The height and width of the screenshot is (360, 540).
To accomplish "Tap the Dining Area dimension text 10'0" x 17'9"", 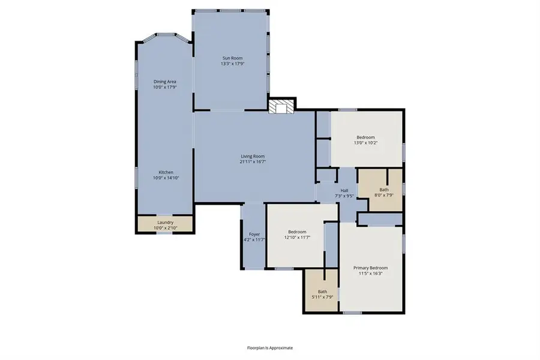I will [164, 87].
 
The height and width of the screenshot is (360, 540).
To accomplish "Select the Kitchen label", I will [166, 172].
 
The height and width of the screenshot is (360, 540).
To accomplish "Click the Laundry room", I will [165, 224].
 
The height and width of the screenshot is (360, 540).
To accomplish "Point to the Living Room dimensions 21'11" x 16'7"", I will [253, 161].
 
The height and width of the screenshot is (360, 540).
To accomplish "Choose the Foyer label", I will [254, 234].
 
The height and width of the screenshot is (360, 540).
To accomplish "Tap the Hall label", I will [344, 190].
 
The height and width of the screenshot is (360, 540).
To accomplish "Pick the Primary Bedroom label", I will [370, 268].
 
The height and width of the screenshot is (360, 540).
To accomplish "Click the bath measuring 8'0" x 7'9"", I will [384, 192].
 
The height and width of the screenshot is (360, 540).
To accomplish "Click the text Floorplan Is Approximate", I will [270, 347].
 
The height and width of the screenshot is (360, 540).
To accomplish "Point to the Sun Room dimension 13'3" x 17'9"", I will [232, 64].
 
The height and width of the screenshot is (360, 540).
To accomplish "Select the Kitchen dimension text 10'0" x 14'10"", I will [166, 178].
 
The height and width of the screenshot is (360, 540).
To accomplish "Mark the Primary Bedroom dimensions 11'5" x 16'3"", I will [370, 273].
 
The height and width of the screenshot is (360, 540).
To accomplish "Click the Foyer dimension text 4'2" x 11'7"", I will [254, 239].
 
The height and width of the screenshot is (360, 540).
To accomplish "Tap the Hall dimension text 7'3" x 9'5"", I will [344, 195].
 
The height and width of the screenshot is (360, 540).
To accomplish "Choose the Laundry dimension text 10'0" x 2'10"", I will [165, 227].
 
